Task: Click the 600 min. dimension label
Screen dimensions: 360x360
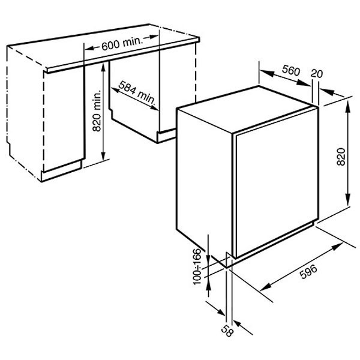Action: (x=122, y=43)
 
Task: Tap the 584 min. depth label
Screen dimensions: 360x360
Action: (x=137, y=92)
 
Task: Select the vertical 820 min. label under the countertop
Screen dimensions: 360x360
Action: (x=97, y=111)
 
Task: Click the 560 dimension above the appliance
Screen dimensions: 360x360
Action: (x=291, y=70)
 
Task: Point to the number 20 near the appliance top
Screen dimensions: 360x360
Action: (x=317, y=73)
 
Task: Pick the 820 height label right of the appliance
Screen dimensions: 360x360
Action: (x=341, y=157)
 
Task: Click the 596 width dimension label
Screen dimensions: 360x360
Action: (x=308, y=272)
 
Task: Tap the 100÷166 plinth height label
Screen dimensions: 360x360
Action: (x=197, y=267)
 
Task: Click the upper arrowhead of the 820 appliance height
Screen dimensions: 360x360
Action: (x=348, y=106)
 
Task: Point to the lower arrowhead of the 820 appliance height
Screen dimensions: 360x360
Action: (x=348, y=200)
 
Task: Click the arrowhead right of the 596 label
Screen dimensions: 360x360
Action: (x=337, y=247)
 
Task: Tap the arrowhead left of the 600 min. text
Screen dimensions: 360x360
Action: (x=90, y=48)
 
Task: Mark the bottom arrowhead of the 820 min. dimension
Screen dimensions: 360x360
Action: (x=103, y=155)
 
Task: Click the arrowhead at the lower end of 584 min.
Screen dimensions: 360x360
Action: (x=154, y=107)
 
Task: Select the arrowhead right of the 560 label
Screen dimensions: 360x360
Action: (x=304, y=83)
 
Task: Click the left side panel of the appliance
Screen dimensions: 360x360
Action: (x=205, y=184)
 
